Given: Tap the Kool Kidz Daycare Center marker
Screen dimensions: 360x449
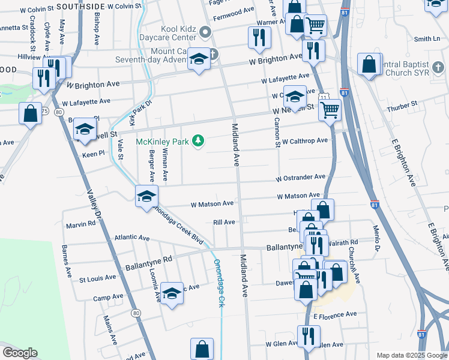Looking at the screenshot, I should pyautogui.click(x=205, y=32).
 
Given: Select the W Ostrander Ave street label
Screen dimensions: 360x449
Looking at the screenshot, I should pyautogui.click(x=300, y=178).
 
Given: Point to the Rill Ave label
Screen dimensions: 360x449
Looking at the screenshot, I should pyautogui.click(x=224, y=222).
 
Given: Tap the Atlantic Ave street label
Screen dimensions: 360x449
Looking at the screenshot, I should pyautogui.click(x=132, y=238).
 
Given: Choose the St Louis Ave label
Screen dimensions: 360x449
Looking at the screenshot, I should pyautogui.click(x=98, y=278).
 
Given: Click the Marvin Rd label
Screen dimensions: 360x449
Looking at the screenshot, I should pyautogui.click(x=81, y=224).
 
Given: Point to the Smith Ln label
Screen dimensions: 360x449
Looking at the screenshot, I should pyautogui.click(x=427, y=39).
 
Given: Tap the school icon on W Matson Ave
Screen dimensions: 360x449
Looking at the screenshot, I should pyautogui.click(x=146, y=196).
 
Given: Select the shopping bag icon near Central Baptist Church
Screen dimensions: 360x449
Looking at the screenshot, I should pyautogui.click(x=369, y=63).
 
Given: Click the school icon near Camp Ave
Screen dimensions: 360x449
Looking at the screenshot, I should pyautogui.click(x=172, y=293).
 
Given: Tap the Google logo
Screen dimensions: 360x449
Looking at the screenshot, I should pyautogui.click(x=20, y=353).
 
